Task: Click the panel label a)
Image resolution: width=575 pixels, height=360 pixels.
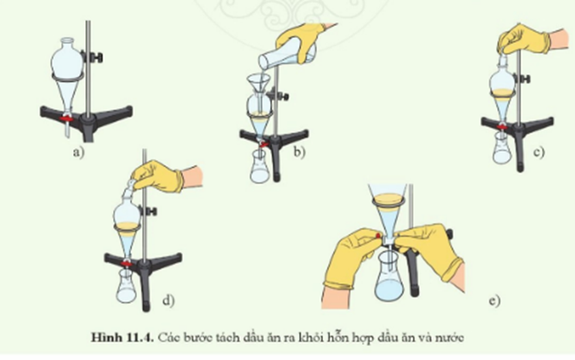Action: tap(79, 151)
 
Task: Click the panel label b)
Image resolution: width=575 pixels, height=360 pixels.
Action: tap(299, 151)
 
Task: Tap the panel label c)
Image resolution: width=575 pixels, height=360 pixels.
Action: tap(539, 151)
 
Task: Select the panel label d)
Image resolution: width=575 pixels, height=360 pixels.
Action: tap(168, 301)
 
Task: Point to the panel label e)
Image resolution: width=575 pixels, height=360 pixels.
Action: tap(495, 301)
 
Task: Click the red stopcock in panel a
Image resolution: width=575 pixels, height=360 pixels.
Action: tap(66, 118)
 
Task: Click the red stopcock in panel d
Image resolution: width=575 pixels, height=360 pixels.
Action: tap(127, 263)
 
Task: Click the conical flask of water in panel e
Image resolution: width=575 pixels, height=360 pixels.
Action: tap(389, 276)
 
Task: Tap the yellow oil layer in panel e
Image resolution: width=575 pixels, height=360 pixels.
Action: tap(388, 201)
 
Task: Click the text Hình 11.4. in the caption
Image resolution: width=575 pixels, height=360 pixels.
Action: tap(122, 338)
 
